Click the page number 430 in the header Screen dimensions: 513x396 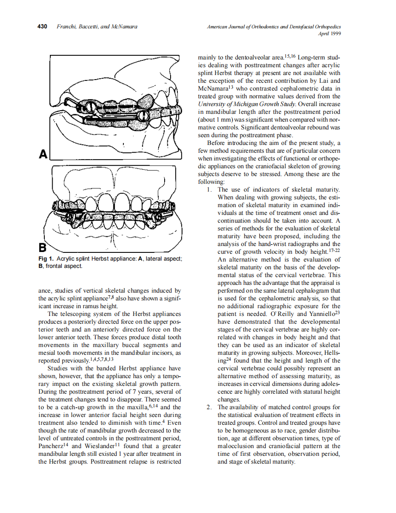[42, 27]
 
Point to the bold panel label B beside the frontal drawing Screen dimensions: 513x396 [43, 248]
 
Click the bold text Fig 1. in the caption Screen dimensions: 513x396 [46, 259]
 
